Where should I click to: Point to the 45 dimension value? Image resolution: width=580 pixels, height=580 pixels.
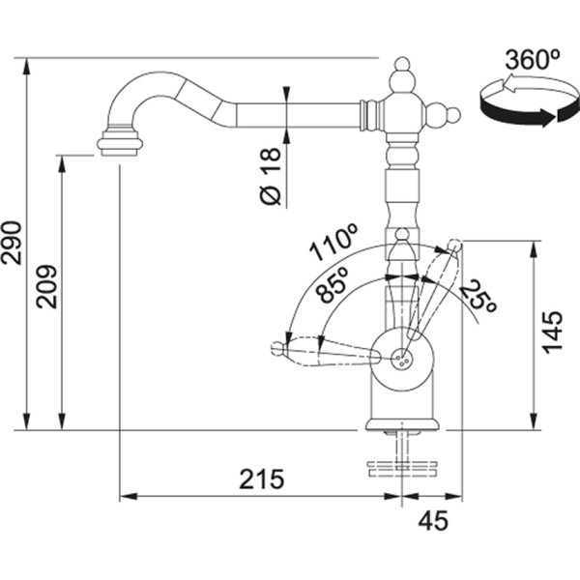point(434,521)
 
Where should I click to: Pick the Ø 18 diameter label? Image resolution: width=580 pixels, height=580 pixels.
point(271,175)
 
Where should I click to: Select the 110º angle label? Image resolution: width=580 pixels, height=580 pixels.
point(333,244)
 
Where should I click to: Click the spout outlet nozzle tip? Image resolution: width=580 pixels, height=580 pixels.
point(120,145)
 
